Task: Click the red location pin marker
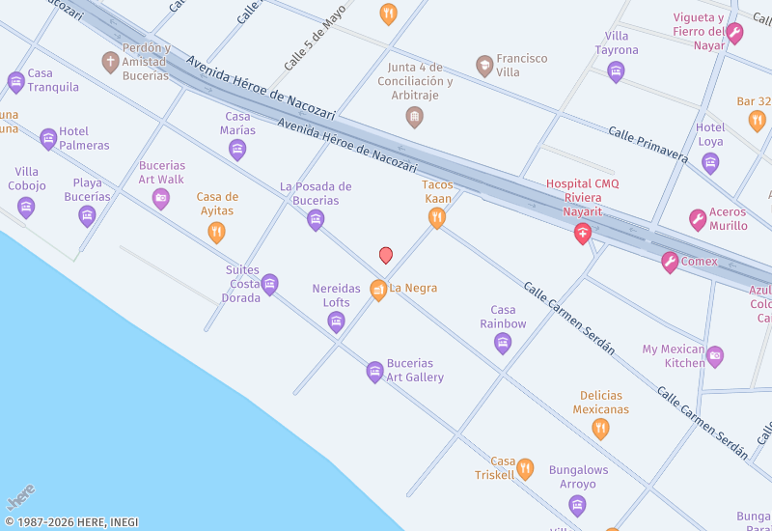[386, 255]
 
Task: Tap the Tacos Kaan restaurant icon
[437, 219]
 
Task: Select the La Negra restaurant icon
[378, 290]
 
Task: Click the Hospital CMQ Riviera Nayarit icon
[583, 234]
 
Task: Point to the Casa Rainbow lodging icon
[503, 343]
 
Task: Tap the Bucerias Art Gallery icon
[374, 372]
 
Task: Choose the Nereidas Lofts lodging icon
[336, 322]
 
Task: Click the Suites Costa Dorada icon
[270, 284]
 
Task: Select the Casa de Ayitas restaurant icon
[216, 233]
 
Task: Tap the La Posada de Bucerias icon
[316, 221]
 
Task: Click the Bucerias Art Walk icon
[161, 199]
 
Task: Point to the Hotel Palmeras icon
[48, 139]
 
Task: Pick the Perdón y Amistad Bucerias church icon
[110, 63]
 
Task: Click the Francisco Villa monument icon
[484, 66]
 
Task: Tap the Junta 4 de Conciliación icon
[414, 118]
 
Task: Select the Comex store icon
[670, 262]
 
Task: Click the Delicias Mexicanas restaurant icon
[600, 430]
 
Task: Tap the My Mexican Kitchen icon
[715, 356]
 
